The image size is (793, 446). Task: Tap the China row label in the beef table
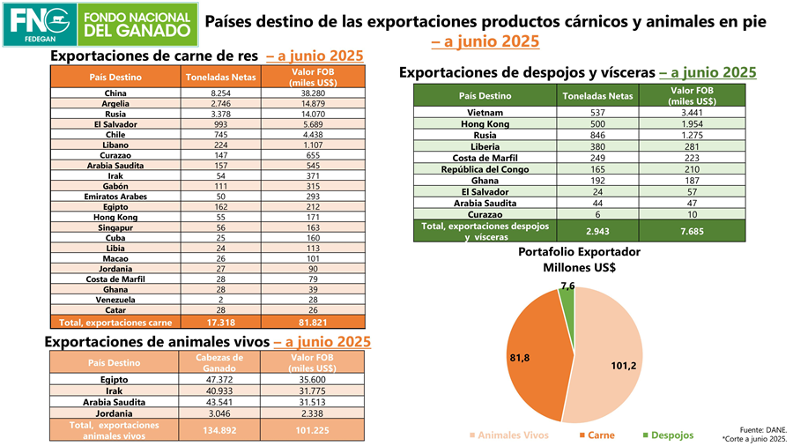click(115, 93)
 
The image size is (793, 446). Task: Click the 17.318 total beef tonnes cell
click(220, 323)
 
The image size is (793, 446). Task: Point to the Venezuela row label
click(115, 300)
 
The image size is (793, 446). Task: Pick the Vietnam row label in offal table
click(485, 113)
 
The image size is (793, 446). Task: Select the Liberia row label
click(485, 146)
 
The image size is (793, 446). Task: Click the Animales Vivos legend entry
click(511, 435)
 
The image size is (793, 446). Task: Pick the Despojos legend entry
click(667, 435)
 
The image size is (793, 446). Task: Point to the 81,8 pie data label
click(519, 359)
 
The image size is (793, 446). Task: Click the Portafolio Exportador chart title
click(579, 259)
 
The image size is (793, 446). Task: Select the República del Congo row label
click(485, 169)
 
